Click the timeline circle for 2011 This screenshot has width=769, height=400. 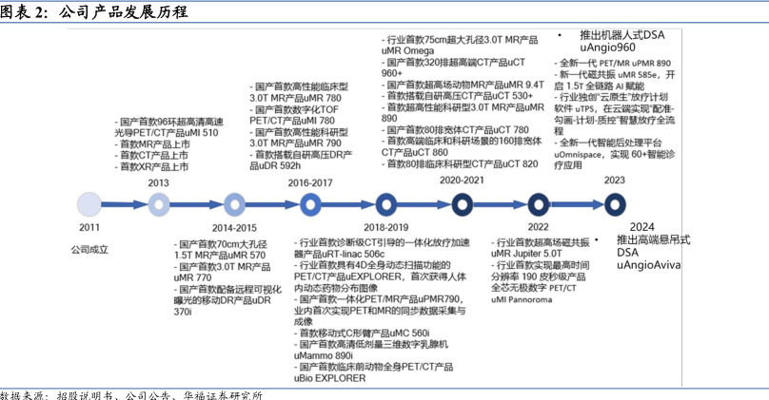click(x=89, y=202)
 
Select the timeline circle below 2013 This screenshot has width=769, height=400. click(x=160, y=202)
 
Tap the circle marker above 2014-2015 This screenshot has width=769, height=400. click(x=234, y=202)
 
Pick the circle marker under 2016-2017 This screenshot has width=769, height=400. click(x=310, y=202)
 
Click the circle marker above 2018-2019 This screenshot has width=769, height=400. click(x=385, y=202)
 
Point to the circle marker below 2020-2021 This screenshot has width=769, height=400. click(x=462, y=202)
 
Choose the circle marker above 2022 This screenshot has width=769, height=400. click(x=538, y=202)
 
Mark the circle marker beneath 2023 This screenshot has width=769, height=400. click(x=614, y=202)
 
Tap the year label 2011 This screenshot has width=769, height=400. click(x=89, y=228)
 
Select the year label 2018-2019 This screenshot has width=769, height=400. click(x=385, y=227)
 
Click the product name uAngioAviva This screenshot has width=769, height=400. click(x=648, y=265)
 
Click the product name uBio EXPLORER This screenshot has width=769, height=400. click(x=331, y=377)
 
